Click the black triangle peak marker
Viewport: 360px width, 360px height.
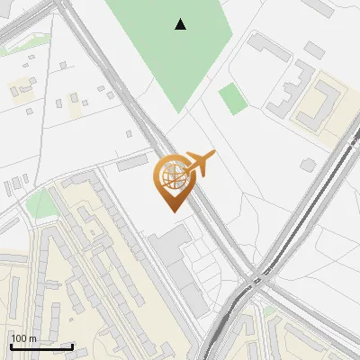[x=181, y=24]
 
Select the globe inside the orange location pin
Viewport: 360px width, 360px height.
[x=172, y=177]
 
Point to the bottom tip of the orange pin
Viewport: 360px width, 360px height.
[x=172, y=211]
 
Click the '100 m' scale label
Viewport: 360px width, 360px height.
[x=23, y=338]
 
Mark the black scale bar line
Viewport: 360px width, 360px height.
[x=41, y=346]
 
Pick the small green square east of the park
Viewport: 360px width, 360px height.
[x=233, y=98]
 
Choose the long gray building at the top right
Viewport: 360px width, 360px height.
[x=269, y=48]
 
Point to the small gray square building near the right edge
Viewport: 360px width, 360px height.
[x=309, y=165]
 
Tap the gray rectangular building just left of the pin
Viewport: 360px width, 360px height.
[x=132, y=161]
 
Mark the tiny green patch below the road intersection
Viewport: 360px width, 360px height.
[x=267, y=310]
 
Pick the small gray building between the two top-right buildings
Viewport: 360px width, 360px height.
[x=313, y=49]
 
